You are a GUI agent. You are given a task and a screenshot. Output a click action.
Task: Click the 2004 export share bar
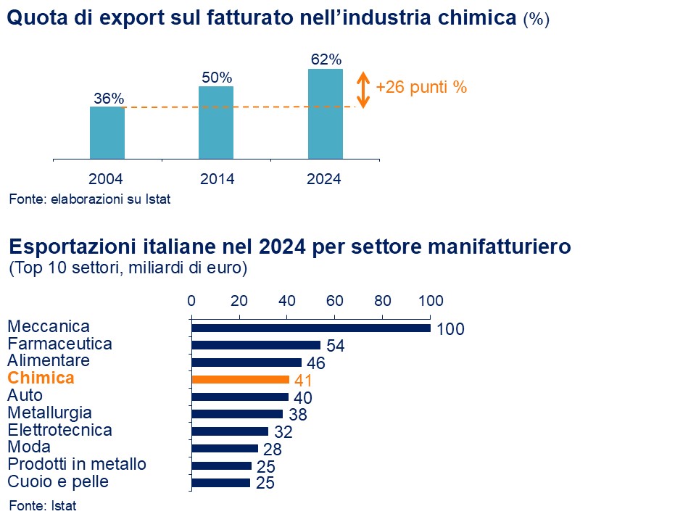coord(107,133)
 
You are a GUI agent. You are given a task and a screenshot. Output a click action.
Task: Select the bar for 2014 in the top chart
coord(216,123)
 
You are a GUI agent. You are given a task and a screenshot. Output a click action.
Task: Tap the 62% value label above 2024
coord(325,59)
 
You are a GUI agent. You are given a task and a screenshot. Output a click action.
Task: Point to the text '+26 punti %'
coord(421,88)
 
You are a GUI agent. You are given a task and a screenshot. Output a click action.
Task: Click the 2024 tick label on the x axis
coord(325,179)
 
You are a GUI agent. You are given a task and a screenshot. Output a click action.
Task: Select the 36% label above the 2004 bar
coord(109,99)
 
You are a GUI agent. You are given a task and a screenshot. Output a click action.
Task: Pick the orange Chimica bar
coord(240,379)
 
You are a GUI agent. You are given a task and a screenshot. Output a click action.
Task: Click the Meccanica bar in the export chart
coord(310,328)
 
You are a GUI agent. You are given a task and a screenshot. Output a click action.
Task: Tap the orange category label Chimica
coord(41,378)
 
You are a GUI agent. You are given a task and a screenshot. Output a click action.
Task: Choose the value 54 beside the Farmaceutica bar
coord(336,346)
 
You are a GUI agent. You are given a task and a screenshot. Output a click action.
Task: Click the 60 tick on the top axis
coord(334,301)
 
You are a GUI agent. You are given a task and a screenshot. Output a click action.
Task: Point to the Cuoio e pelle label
coord(58,481)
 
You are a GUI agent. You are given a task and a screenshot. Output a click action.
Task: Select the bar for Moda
coord(225,448)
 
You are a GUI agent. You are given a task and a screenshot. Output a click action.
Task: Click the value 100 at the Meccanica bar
coord(450,329)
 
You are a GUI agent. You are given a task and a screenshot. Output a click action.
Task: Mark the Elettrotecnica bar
coord(230,431)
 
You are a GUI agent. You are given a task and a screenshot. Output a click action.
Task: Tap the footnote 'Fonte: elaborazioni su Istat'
coord(90,199)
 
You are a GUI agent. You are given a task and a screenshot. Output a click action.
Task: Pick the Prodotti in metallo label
coord(77,464)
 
